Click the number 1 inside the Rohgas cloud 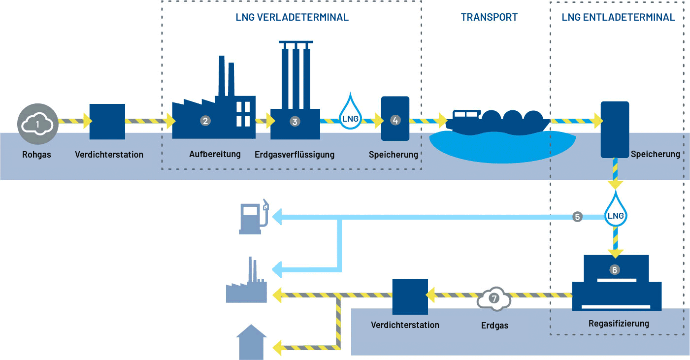[x=38, y=124]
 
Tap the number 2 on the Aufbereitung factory [x=205, y=120]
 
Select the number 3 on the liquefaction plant [x=295, y=121]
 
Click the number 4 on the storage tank [x=395, y=119]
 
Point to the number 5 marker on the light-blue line [x=578, y=216]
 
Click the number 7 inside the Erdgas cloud [x=494, y=298]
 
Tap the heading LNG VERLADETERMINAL [x=292, y=17]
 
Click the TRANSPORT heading [x=489, y=17]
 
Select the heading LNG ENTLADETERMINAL [x=618, y=17]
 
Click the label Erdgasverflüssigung [x=295, y=155]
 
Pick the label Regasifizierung [x=619, y=324]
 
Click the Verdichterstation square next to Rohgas [x=107, y=121]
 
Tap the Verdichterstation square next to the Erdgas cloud [x=410, y=296]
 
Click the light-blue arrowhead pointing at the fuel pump [x=277, y=216]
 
